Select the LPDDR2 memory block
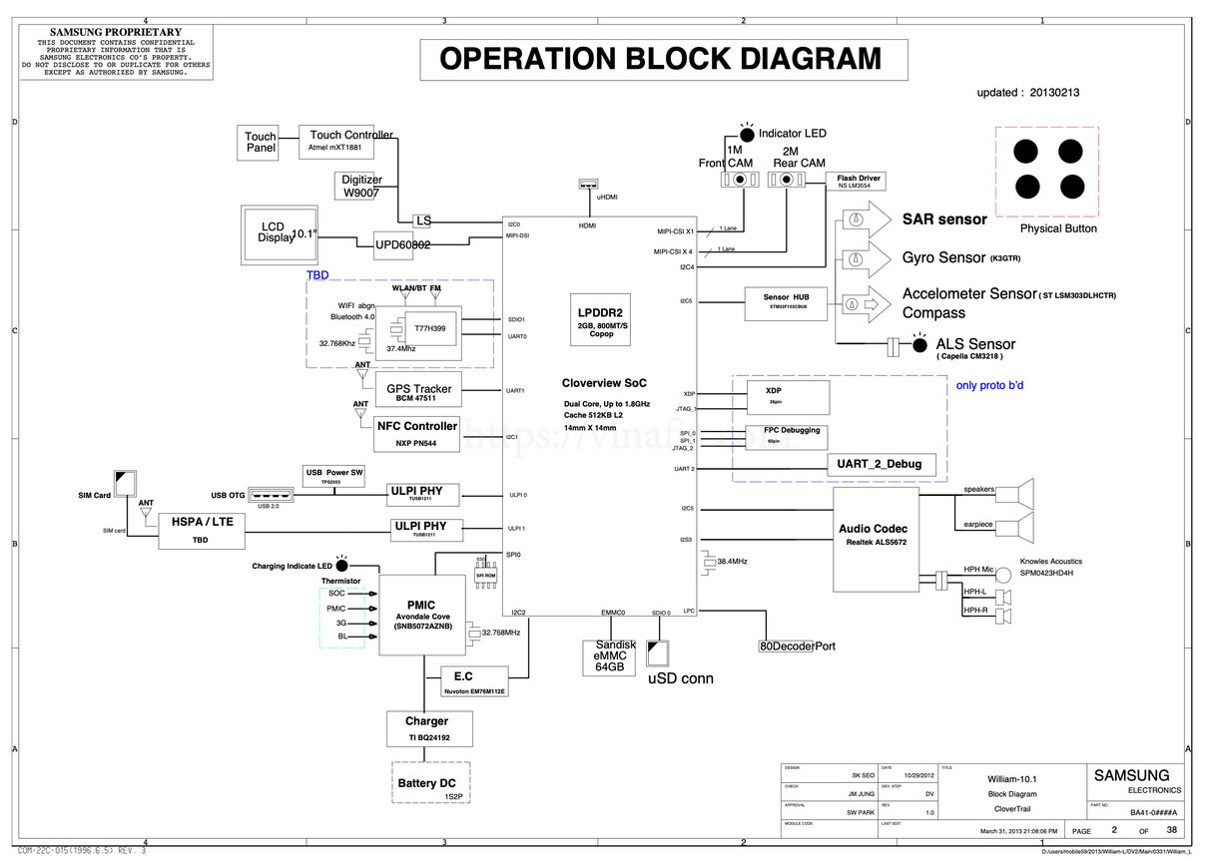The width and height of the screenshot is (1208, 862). [600, 319]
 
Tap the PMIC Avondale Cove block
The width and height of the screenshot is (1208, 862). [420, 615]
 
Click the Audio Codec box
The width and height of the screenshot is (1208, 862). [874, 533]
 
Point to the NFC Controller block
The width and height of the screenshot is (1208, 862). [417, 433]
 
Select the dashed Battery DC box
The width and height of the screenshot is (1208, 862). [432, 783]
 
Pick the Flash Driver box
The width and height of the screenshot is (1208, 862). [859, 181]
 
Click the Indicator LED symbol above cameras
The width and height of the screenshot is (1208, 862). [747, 133]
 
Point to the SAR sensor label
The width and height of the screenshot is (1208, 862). [944, 218]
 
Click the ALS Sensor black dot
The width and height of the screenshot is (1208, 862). [919, 345]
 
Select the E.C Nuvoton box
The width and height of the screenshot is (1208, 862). [474, 681]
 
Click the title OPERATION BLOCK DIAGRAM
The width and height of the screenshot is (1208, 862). [662, 59]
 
